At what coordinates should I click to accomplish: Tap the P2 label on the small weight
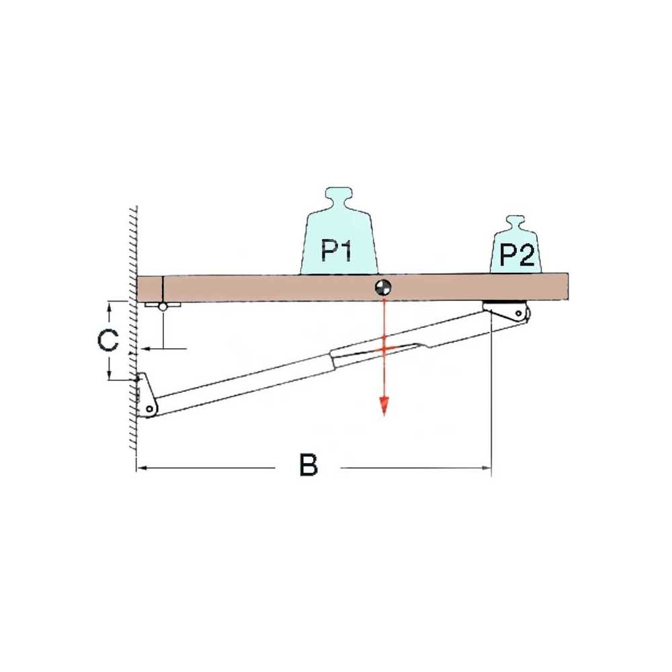pos(517,255)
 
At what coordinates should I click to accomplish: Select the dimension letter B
pos(308,465)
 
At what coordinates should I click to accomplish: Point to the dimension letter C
pos(108,340)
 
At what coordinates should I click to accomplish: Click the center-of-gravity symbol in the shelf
pos(383,287)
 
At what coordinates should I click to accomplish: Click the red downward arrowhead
pos(384,407)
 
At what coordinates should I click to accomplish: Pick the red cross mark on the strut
pos(384,349)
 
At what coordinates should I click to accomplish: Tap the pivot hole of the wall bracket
pos(149,409)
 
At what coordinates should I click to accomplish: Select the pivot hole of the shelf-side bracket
pos(519,313)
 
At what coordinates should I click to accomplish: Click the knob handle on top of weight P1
pos(338,198)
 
